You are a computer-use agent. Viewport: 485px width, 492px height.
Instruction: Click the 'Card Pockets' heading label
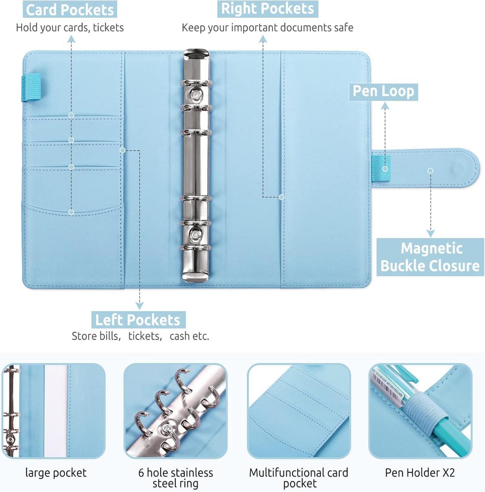point(70,10)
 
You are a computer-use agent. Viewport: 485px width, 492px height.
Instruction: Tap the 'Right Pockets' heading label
point(267,9)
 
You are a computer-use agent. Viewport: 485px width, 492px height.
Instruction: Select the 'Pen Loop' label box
point(383,92)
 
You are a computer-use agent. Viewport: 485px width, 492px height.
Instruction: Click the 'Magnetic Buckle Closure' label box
point(430,257)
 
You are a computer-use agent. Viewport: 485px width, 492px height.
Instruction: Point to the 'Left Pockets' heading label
point(138,320)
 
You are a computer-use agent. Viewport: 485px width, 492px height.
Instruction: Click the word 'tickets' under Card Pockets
point(108,27)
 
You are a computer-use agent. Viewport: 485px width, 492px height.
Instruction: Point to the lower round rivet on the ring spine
point(195,234)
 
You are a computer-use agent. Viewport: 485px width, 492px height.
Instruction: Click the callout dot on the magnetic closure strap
point(430,171)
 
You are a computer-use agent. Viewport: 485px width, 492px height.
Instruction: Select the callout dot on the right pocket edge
point(282,197)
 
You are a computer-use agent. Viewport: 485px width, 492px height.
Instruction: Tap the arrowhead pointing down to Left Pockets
point(139,306)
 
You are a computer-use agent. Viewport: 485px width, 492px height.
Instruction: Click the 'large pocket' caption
point(56,473)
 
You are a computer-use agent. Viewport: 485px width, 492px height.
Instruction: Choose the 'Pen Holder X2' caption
point(420,473)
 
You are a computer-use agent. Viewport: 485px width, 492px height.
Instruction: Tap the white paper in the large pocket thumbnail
point(56,411)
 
